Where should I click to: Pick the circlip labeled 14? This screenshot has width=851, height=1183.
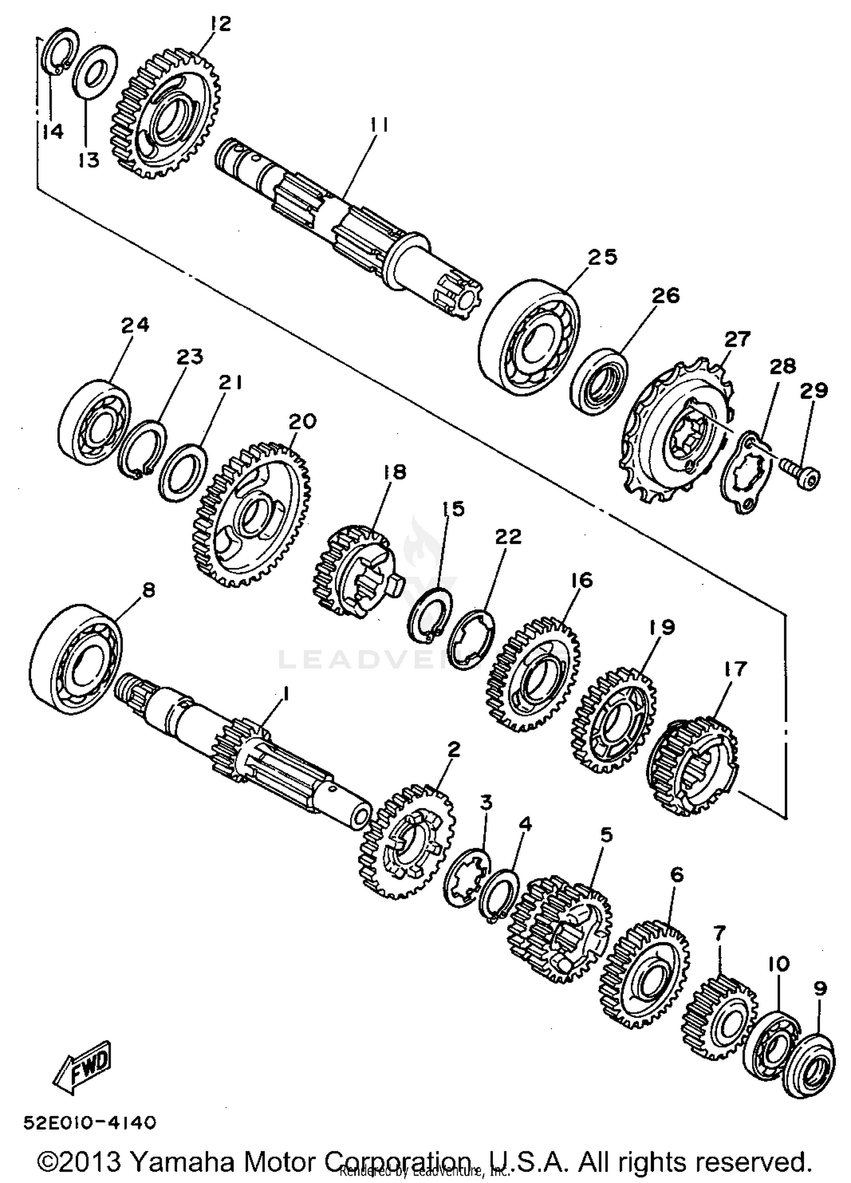tap(60, 54)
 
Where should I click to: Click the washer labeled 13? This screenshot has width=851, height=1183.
tap(95, 71)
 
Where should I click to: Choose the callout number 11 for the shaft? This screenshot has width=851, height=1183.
tap(379, 124)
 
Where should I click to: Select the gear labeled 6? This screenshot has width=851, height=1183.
tap(645, 971)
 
